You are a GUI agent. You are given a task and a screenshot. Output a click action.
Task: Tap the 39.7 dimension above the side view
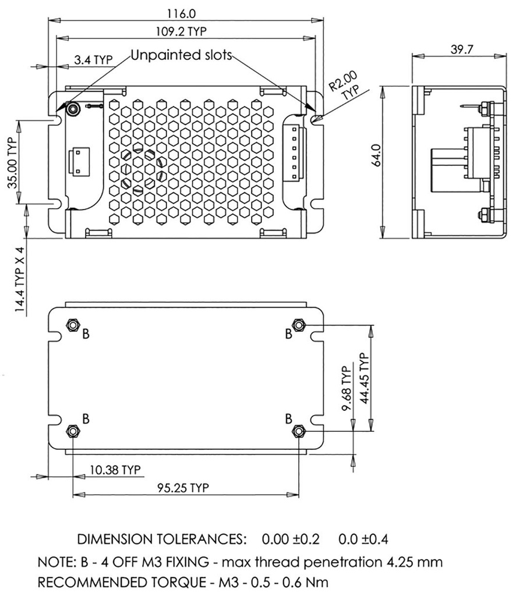pos(462,49)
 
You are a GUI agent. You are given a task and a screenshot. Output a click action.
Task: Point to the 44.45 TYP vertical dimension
pos(365,378)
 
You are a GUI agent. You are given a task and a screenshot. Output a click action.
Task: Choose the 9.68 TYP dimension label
pos(346,389)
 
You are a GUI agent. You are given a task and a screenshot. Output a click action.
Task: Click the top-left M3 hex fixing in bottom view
pos(73,325)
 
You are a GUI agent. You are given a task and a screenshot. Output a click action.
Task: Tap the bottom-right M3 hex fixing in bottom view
pos(299,431)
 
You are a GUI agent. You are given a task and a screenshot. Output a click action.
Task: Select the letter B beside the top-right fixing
pos(288,334)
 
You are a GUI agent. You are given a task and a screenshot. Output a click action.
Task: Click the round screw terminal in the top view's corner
pos(73,109)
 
